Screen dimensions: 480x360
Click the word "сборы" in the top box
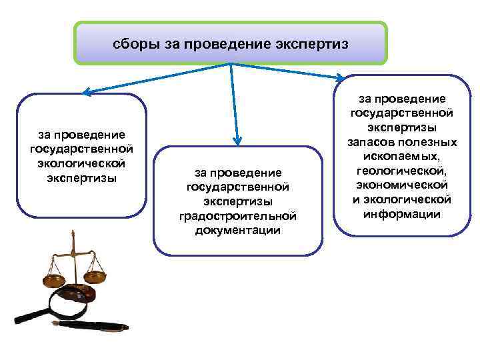pyautogui.click(x=134, y=45)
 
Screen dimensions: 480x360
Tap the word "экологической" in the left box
pyautogui.click(x=82, y=162)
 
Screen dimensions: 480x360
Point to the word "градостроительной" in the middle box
pyautogui.click(x=237, y=216)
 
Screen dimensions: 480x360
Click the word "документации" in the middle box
pyautogui.click(x=237, y=230)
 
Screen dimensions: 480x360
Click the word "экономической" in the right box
pyautogui.click(x=401, y=185)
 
